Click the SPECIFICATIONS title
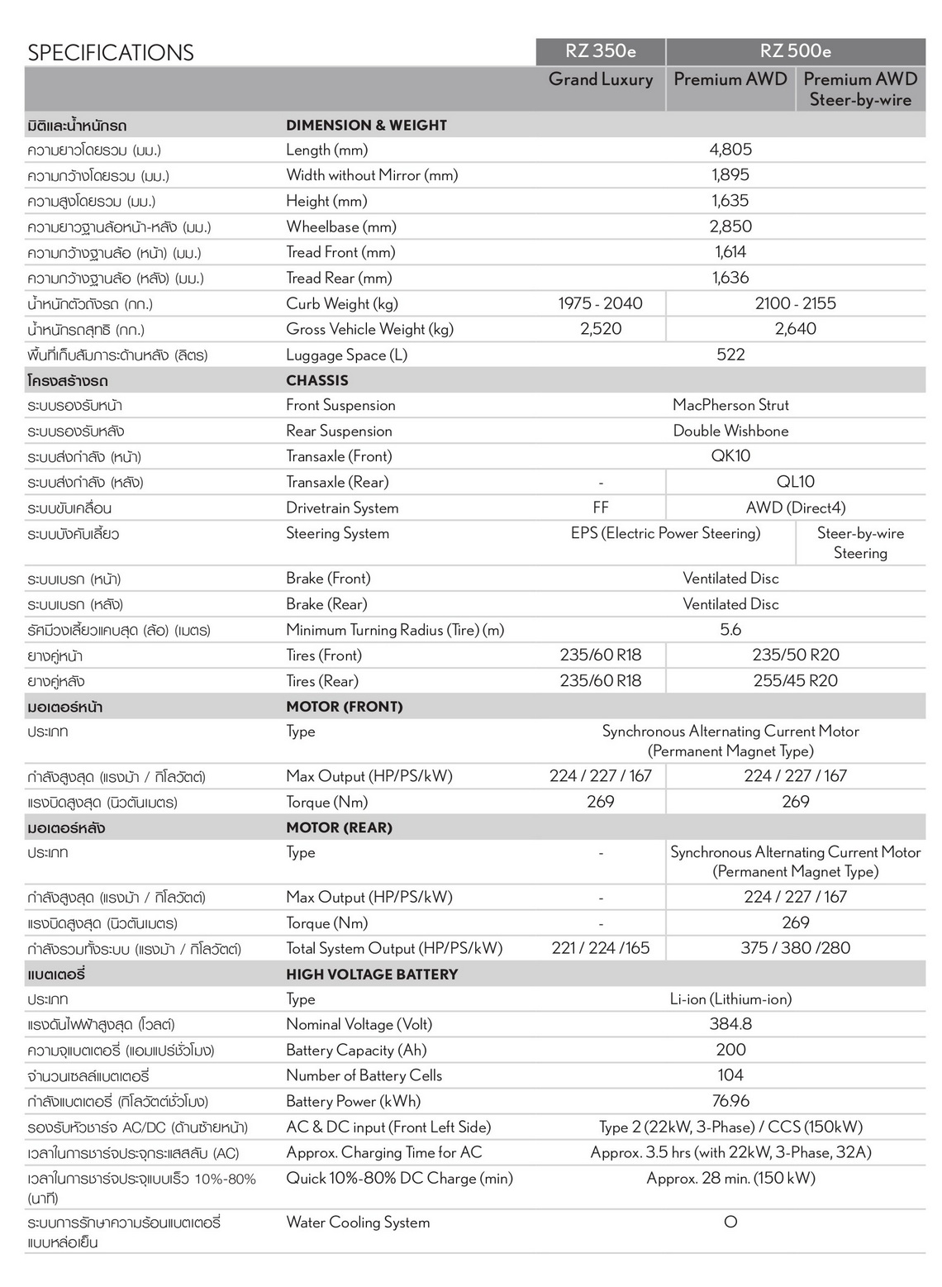point(111,53)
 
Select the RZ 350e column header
point(601,51)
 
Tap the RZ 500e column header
point(796,51)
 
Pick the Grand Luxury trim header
point(601,80)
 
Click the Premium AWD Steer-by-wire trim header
point(860,89)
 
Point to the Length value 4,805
point(730,150)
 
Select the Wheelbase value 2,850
point(730,226)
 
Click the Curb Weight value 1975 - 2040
point(601,303)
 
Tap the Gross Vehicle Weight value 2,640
point(796,329)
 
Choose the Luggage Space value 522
point(730,355)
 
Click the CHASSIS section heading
point(317,380)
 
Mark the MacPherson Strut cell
point(730,405)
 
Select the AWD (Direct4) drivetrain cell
point(796,508)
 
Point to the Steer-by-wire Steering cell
point(860,543)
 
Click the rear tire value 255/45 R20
point(796,681)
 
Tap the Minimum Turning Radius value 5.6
point(730,630)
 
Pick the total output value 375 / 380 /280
point(796,948)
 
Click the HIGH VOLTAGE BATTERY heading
point(372,975)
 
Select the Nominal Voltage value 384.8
point(730,1024)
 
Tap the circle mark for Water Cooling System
point(730,1222)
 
